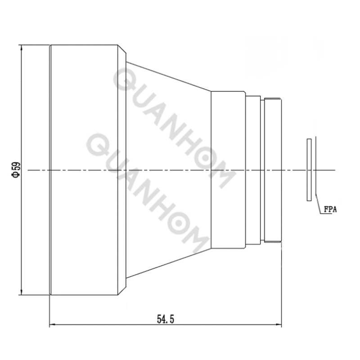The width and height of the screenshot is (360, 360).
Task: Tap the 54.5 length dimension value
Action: [166, 319]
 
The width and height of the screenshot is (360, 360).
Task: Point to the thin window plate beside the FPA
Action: [309, 169]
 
